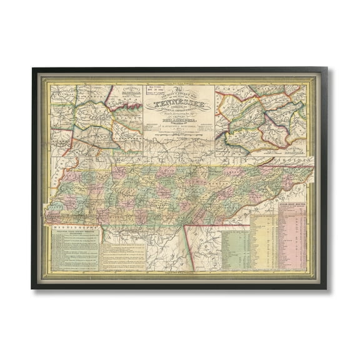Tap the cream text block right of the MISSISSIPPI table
click(x=122, y=253)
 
